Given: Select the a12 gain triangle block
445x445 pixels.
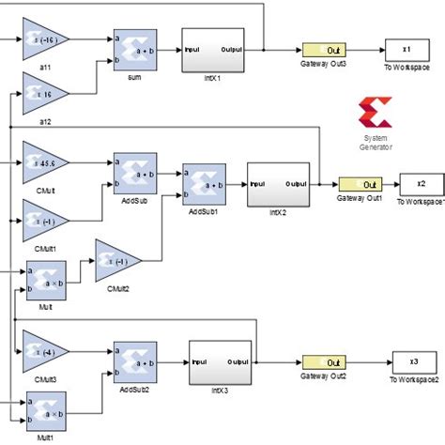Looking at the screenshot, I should [x=43, y=97].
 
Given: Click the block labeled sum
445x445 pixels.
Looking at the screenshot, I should [x=133, y=49].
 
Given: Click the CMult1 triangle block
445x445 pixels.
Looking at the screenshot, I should [x=43, y=222].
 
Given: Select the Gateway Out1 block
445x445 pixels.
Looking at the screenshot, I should [x=361, y=185].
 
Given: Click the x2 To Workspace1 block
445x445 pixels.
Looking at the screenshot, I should [x=421, y=185].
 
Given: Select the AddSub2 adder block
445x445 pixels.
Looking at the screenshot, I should [x=133, y=361].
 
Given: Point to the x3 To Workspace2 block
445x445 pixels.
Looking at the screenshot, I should [x=413, y=362].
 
